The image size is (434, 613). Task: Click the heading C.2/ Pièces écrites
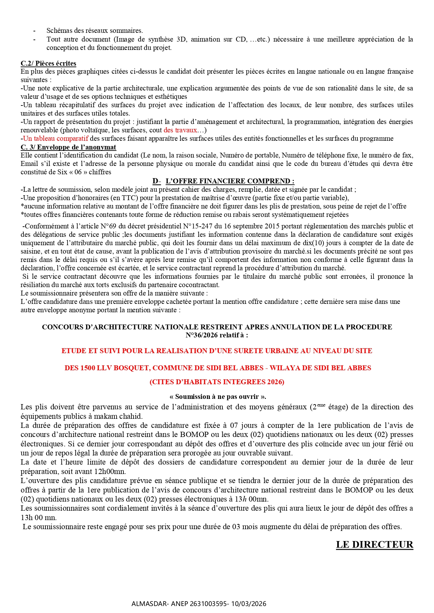pyautogui.click(x=48, y=63)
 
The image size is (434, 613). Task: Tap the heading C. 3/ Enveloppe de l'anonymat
pyautogui.click(x=68, y=147)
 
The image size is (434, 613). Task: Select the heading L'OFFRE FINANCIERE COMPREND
pyautogui.click(x=229, y=181)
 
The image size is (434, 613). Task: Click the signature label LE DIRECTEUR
pyautogui.click(x=375, y=545)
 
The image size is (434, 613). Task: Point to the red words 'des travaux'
pyautogui.click(x=180, y=130)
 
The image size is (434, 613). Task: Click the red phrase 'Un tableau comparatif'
pyautogui.click(x=56, y=139)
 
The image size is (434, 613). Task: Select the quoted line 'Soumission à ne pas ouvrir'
pyautogui.click(x=217, y=396)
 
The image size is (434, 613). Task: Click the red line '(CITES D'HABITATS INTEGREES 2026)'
pyautogui.click(x=217, y=382)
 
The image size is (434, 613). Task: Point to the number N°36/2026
pyautogui.click(x=201, y=335)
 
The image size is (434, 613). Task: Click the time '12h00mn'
pyautogui.click(x=111, y=472)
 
